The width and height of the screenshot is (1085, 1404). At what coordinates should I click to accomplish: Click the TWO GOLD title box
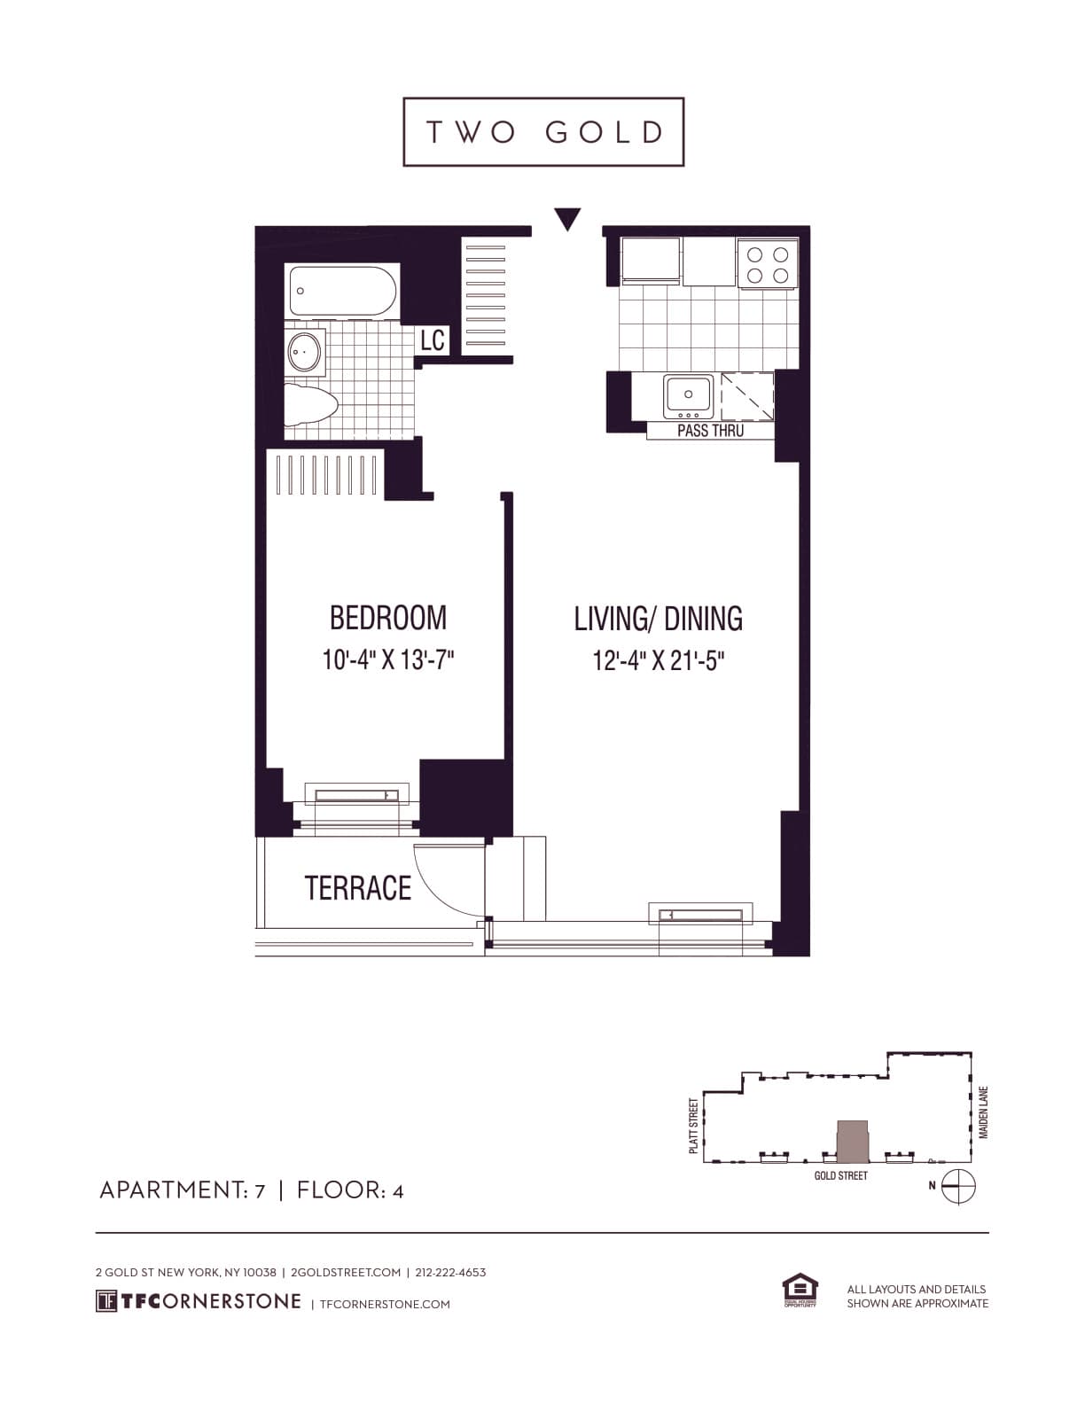pyautogui.click(x=543, y=132)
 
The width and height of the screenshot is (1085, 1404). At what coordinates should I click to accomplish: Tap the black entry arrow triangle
pyautogui.click(x=567, y=217)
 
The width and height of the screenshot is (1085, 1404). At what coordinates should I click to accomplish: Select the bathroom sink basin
pyautogui.click(x=305, y=352)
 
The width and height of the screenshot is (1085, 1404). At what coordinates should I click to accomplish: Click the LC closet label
pyautogui.click(x=433, y=339)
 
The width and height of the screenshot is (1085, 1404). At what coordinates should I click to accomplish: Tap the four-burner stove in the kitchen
pyautogui.click(x=768, y=264)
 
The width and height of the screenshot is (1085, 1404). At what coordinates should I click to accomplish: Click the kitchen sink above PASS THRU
pyautogui.click(x=688, y=396)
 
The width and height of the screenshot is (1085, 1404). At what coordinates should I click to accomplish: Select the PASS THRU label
pyautogui.click(x=710, y=431)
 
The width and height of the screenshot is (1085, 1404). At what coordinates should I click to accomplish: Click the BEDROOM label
pyautogui.click(x=388, y=618)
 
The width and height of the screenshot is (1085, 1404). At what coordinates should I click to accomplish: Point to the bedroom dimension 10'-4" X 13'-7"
pyautogui.click(x=388, y=660)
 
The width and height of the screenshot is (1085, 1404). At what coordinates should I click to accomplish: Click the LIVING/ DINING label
pyautogui.click(x=658, y=619)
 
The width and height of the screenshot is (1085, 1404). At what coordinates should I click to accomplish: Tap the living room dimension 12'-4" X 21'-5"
pyautogui.click(x=659, y=661)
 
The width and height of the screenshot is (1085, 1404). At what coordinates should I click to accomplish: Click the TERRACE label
pyautogui.click(x=358, y=888)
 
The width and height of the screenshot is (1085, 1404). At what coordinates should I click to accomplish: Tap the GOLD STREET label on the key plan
pyautogui.click(x=840, y=1175)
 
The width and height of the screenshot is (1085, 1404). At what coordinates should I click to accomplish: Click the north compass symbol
pyautogui.click(x=957, y=1186)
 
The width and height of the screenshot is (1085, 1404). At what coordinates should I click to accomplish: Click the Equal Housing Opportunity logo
pyautogui.click(x=800, y=1290)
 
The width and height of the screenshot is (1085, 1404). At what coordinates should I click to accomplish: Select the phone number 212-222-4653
pyautogui.click(x=450, y=1272)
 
